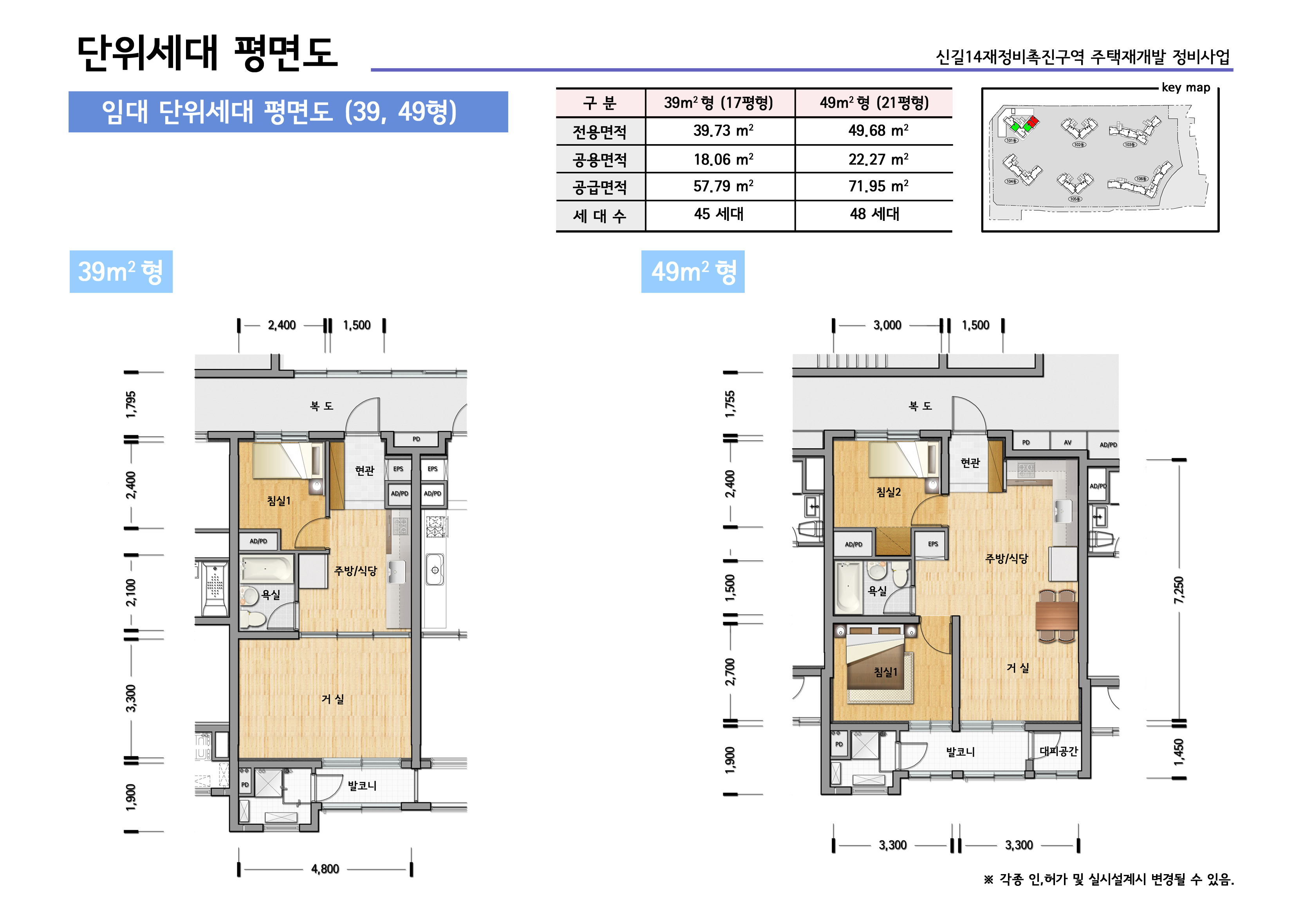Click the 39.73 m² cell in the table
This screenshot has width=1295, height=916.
[x=723, y=131]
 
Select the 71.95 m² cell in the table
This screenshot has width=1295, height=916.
[x=878, y=186]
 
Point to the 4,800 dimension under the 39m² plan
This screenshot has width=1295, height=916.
[x=325, y=869]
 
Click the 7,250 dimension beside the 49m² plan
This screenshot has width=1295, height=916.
[x=1179, y=590]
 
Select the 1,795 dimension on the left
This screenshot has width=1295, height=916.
[x=131, y=405]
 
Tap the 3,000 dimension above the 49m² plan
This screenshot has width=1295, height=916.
[x=887, y=325]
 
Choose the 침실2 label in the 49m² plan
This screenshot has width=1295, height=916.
[x=889, y=492]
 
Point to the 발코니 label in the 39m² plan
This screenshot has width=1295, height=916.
[x=361, y=786]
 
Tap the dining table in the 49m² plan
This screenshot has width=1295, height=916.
[x=1057, y=616]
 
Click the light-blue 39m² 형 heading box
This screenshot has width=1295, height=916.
[x=121, y=272]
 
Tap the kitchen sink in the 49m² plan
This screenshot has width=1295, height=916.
[x=1064, y=511]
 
